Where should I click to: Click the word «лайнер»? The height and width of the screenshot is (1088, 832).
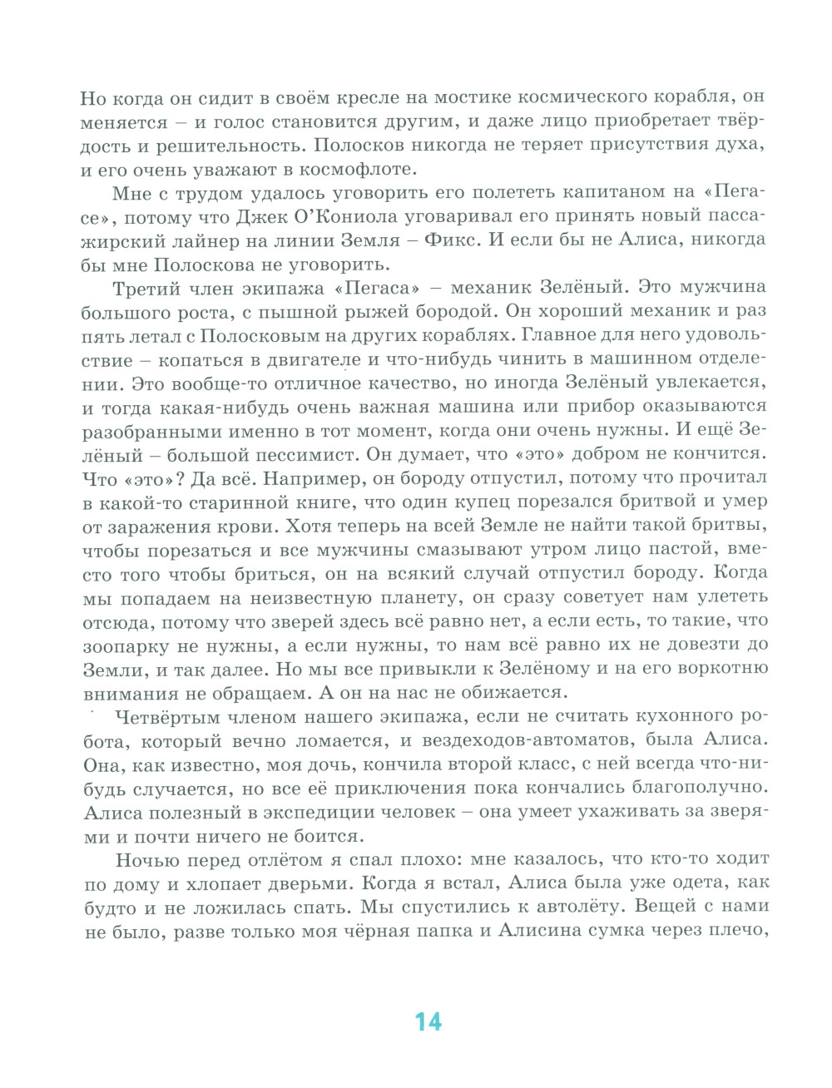(211, 242)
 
